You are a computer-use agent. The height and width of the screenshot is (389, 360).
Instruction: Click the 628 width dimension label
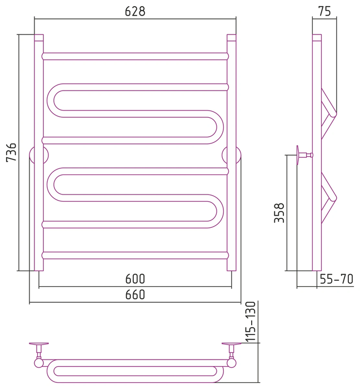135,12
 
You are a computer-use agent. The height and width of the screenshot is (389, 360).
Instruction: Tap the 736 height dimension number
12,152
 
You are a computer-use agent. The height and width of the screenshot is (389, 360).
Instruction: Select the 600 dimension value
135,279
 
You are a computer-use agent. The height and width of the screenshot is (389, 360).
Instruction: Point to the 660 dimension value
135,295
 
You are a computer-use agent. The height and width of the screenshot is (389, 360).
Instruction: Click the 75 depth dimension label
324,11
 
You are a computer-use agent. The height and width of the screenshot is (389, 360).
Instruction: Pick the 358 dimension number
279,213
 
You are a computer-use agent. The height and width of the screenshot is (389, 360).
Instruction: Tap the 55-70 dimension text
337,279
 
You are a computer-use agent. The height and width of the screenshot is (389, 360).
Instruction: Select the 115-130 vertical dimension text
251,322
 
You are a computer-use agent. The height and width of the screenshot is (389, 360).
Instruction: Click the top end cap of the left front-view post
39,37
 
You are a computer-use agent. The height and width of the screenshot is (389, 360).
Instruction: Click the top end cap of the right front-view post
232,37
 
